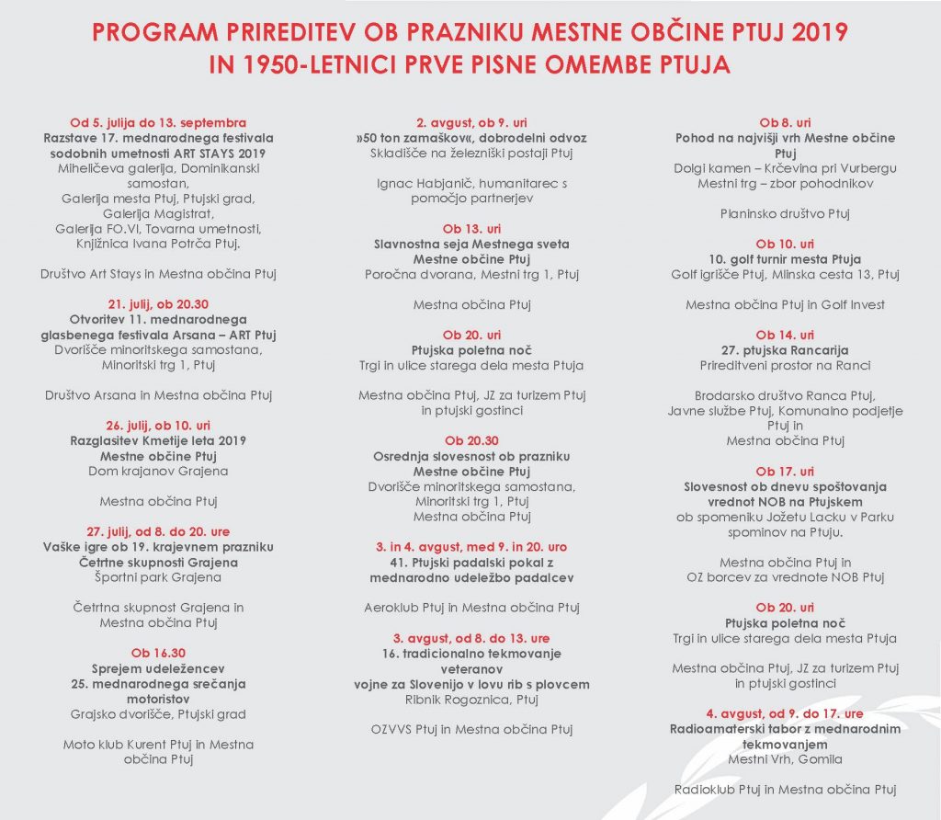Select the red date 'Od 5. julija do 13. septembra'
[x=158, y=122]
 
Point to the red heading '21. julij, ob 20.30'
[x=158, y=303]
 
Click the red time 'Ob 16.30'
[x=158, y=653]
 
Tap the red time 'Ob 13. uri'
[x=471, y=229]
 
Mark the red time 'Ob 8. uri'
[x=785, y=122]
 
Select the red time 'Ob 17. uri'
[x=785, y=472]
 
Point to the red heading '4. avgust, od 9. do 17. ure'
[x=785, y=713]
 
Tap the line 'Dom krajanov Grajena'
[x=158, y=471]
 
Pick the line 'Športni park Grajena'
[x=158, y=577]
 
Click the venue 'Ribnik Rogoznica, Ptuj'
[x=471, y=699]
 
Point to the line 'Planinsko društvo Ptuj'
[x=785, y=213]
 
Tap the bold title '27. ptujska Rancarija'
[x=785, y=350]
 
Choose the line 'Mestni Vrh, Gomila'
[x=785, y=759]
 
